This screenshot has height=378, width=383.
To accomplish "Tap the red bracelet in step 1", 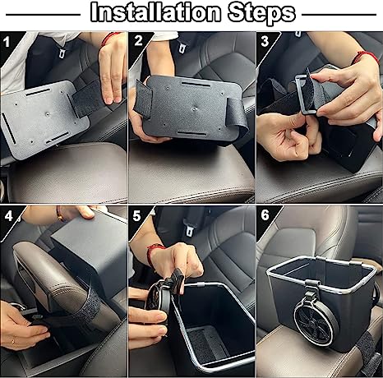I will click(110, 37).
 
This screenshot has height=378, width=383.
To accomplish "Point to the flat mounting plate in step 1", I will click(41, 115).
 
